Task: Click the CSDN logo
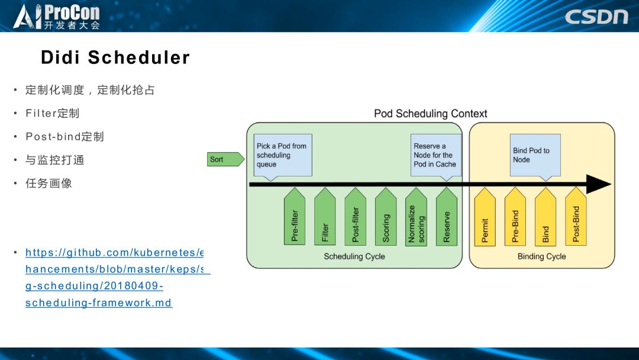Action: (596, 17)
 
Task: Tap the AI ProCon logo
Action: (57, 17)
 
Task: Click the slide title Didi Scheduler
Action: (115, 57)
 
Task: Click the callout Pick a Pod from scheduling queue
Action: (283, 155)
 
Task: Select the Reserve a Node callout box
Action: (435, 155)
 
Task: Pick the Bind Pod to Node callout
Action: (535, 155)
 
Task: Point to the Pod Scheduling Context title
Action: (430, 114)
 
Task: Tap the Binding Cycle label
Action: (541, 256)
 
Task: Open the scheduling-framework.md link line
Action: (99, 303)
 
